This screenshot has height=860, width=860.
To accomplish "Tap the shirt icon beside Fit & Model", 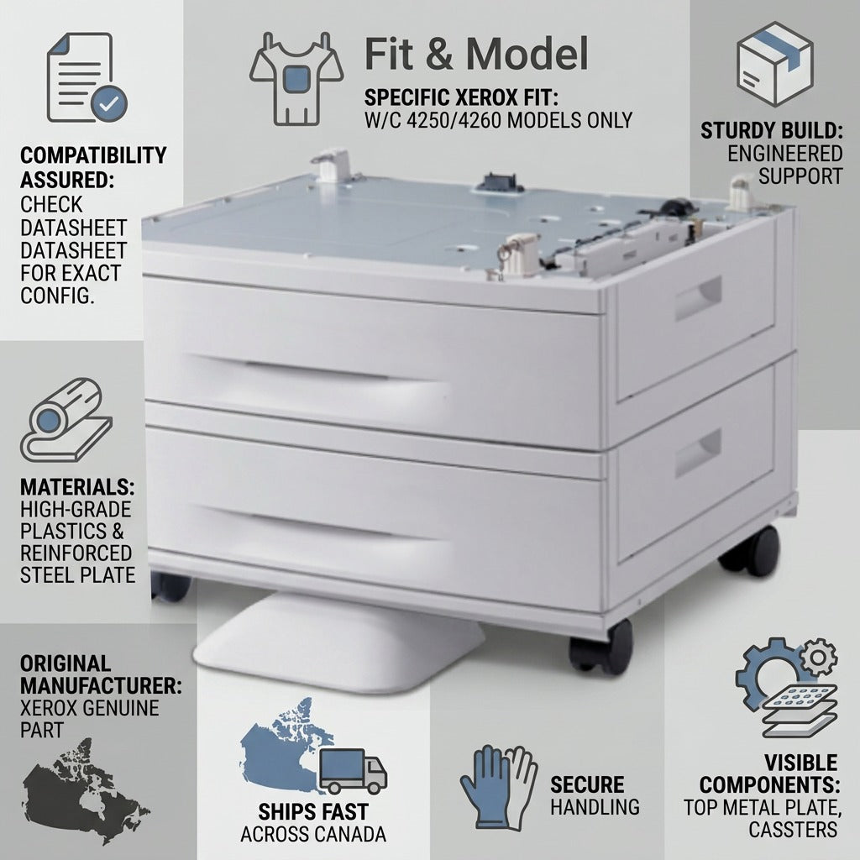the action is [x=296, y=78].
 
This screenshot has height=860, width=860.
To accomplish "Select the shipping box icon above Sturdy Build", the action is [x=774, y=64].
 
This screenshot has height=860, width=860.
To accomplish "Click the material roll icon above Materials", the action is [x=66, y=420].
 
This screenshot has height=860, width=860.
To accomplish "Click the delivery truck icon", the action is [x=353, y=771].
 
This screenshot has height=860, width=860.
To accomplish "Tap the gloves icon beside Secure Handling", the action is [x=498, y=787].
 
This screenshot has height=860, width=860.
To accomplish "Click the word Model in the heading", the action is [x=527, y=54].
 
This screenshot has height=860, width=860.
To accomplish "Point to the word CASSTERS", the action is [x=793, y=830].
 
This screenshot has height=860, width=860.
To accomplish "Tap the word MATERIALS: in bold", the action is [x=77, y=487].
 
